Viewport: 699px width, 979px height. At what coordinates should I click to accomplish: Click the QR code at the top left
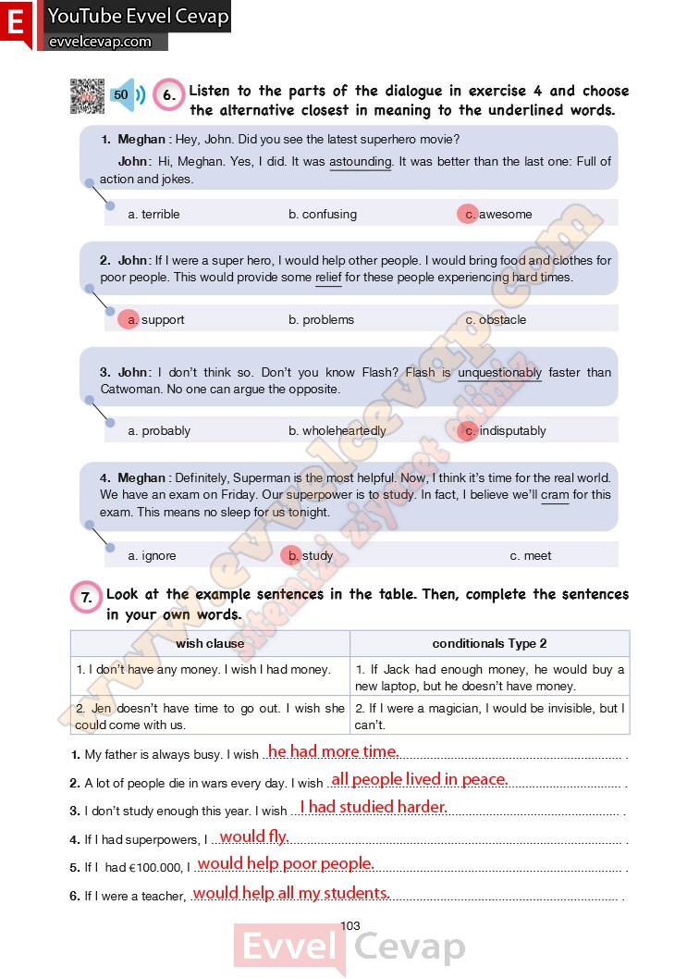click(86, 95)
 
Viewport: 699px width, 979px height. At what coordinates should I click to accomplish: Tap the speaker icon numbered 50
click(128, 94)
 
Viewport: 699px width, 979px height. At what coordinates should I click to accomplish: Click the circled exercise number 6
click(168, 94)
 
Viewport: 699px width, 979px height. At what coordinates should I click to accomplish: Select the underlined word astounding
click(361, 162)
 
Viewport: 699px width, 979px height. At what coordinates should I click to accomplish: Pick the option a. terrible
click(153, 215)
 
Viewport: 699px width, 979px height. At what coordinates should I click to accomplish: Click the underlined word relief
click(328, 278)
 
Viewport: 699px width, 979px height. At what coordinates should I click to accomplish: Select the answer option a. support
click(155, 320)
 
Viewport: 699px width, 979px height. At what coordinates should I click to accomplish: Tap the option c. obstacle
click(496, 320)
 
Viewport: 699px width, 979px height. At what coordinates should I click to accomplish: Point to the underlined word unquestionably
click(499, 373)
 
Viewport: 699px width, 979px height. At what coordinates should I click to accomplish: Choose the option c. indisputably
click(505, 431)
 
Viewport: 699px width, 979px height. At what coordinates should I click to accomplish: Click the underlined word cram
click(555, 495)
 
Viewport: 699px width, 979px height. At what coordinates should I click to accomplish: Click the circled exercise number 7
click(86, 598)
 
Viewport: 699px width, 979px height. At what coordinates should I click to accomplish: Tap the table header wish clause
click(210, 644)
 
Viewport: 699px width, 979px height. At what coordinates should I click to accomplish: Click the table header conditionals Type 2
click(489, 644)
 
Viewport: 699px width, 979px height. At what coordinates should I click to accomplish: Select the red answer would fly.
click(253, 836)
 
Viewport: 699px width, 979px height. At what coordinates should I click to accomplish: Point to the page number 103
click(349, 926)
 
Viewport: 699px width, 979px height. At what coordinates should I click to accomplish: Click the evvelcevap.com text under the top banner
click(99, 42)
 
